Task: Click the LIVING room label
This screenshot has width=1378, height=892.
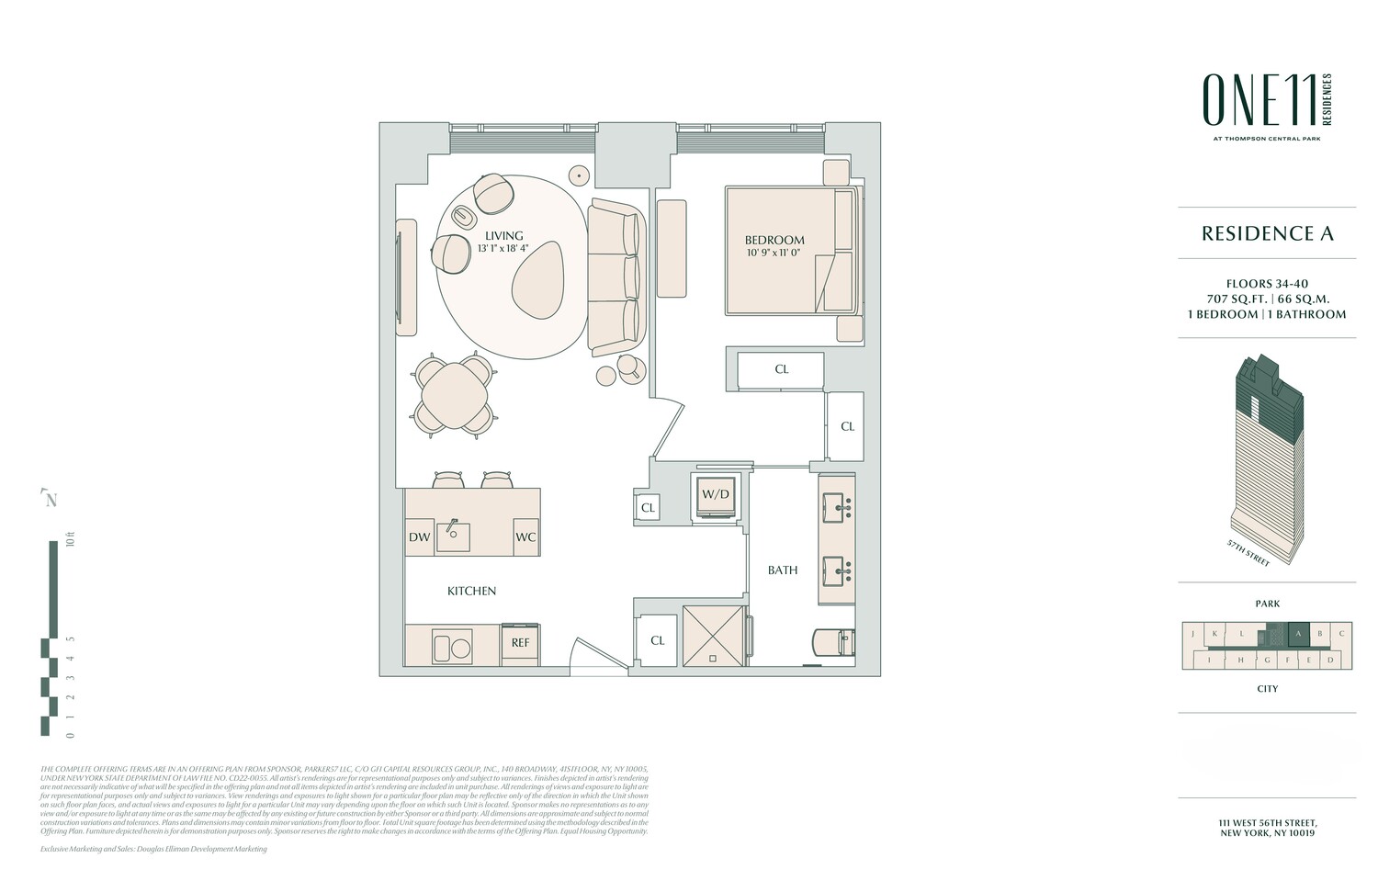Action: coord(504,236)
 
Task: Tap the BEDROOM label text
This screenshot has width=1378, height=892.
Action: coord(774,241)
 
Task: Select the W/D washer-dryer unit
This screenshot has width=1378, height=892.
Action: coord(715,495)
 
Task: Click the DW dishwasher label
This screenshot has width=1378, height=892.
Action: coord(419,537)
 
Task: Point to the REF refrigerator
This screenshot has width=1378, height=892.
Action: coord(520,643)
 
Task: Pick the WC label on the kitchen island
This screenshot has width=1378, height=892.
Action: coord(525,537)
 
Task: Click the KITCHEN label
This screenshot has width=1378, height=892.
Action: coord(471,591)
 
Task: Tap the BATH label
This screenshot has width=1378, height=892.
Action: coord(783,570)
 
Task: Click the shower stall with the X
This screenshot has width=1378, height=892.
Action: coord(713,634)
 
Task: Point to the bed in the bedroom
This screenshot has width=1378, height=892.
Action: coord(790,251)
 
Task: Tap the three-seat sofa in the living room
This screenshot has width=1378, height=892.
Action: coord(614,277)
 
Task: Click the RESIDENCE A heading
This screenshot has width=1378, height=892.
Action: coord(1267,233)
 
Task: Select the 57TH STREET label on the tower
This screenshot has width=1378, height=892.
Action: coord(1247,553)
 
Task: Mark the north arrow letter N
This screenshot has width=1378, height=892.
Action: coord(51,500)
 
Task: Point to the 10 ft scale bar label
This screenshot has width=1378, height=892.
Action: coord(70,540)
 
